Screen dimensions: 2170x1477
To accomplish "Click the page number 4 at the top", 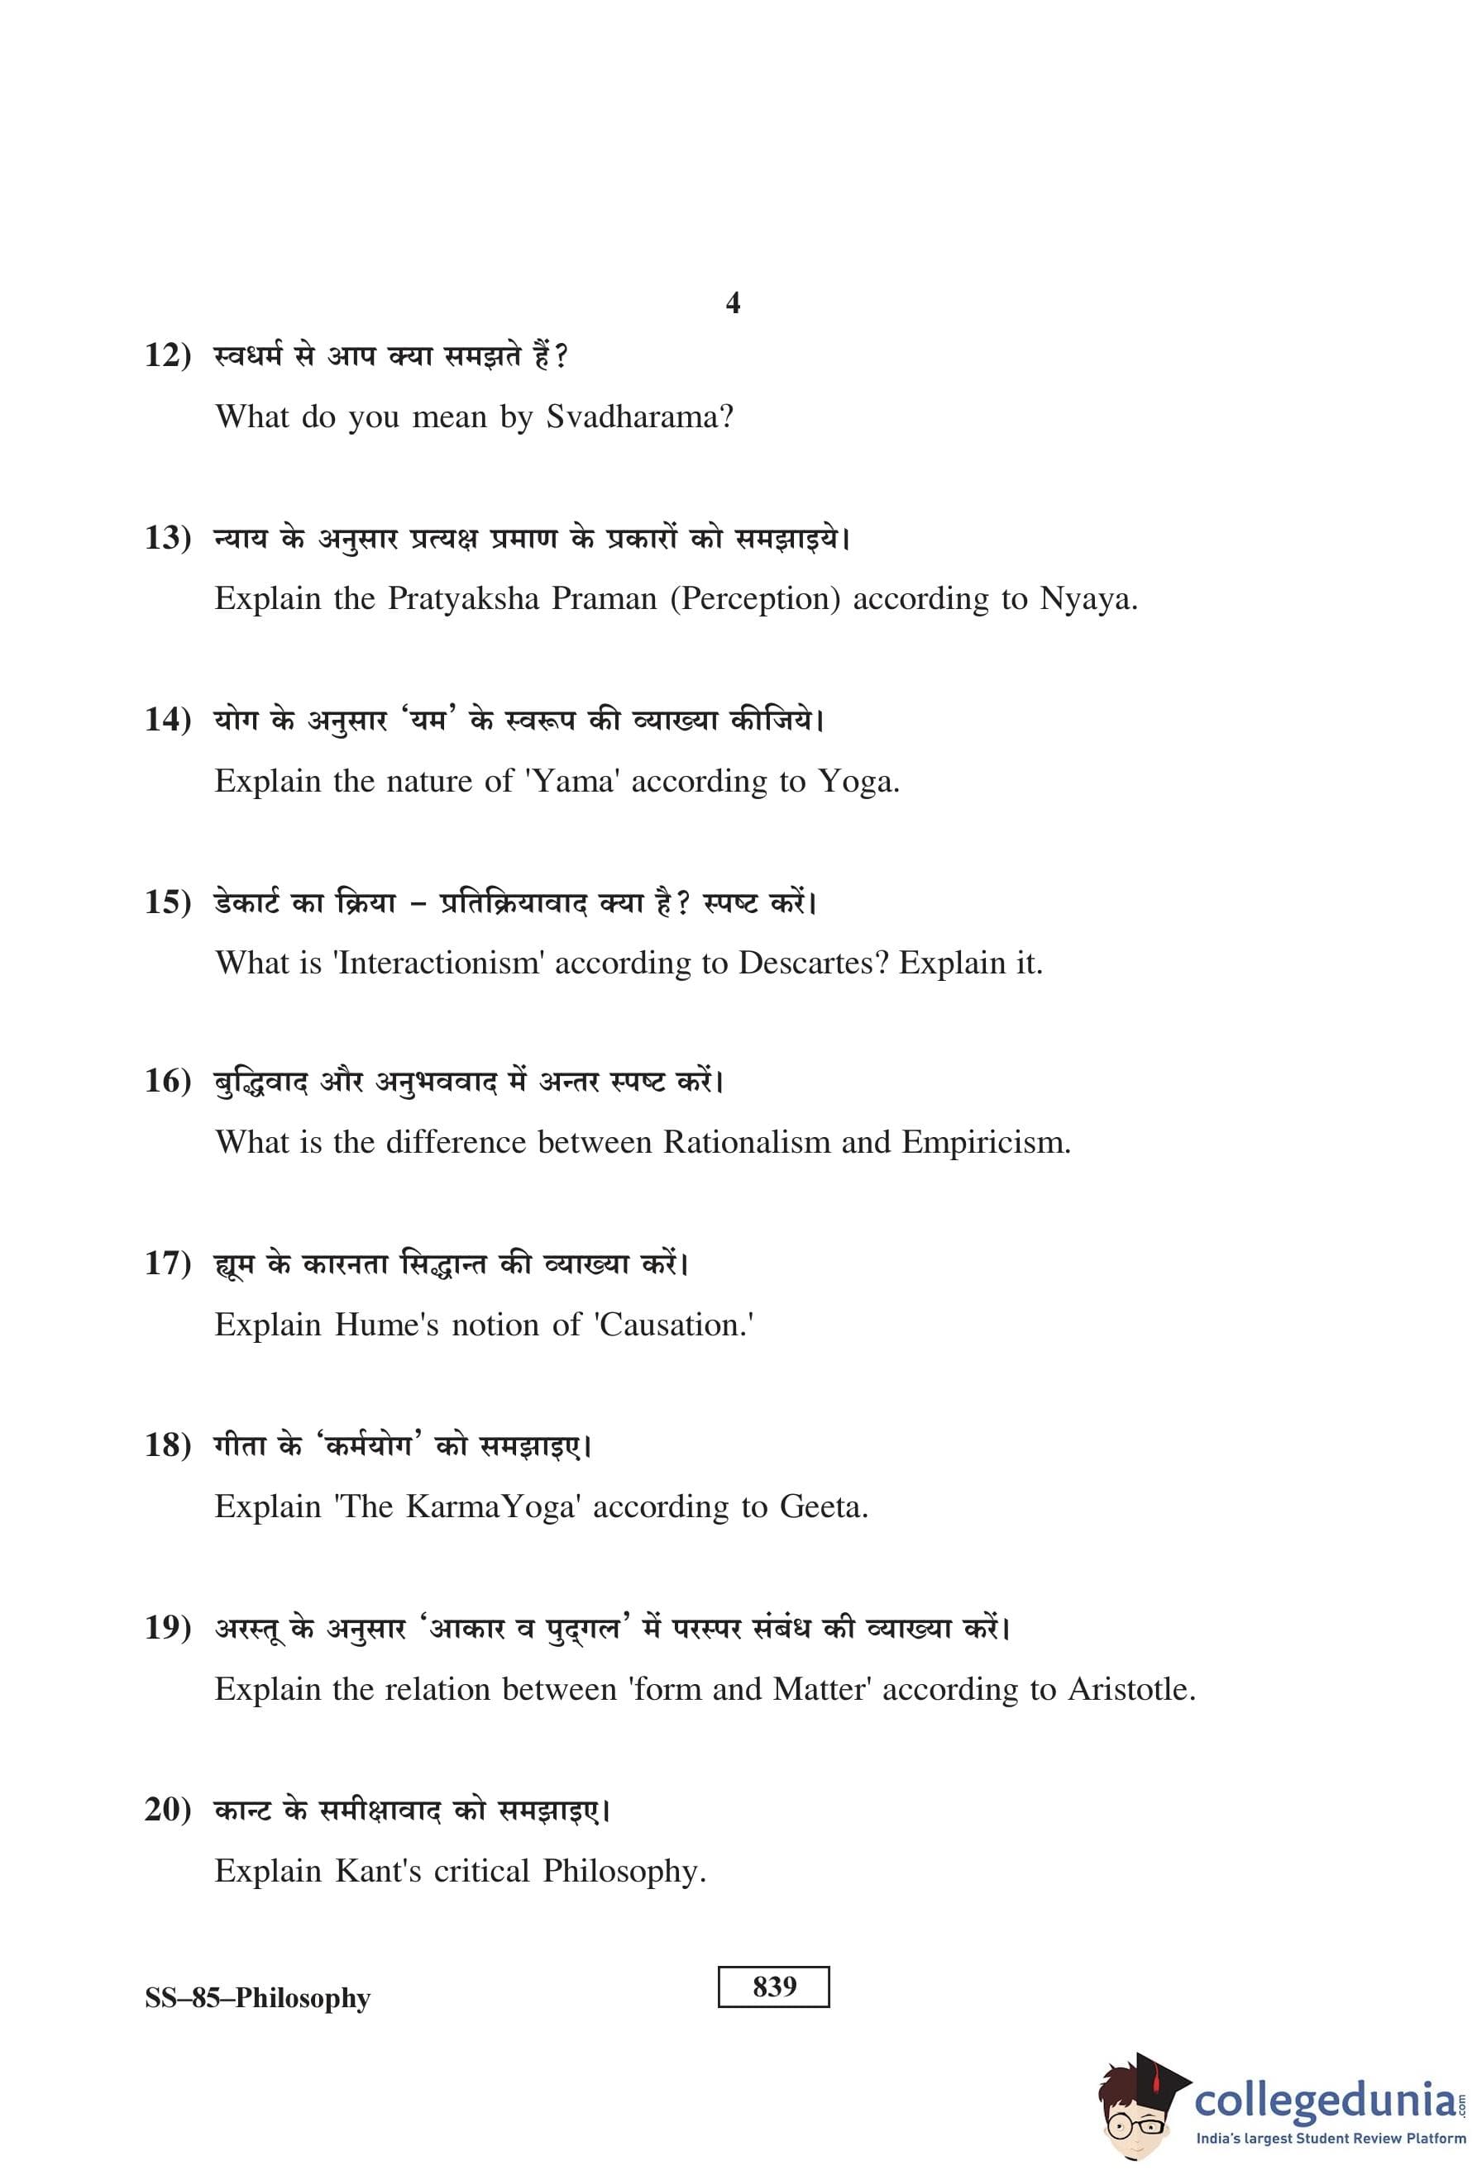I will coord(733,302).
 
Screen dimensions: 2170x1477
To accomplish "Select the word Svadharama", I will coord(639,416).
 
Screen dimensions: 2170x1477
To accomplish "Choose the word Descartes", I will coord(812,963).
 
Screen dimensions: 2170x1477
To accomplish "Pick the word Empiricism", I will coord(986,1142).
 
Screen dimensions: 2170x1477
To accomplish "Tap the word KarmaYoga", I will coord(490,1506).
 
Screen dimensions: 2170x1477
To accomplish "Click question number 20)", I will coord(168,1809).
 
